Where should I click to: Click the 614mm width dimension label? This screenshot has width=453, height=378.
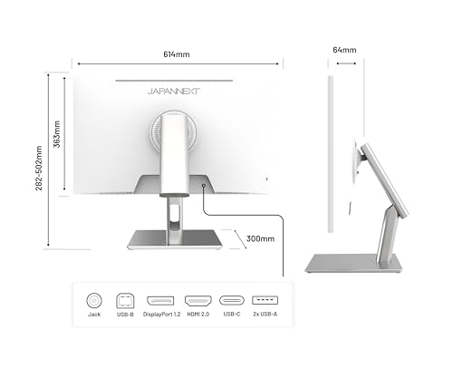[177, 54]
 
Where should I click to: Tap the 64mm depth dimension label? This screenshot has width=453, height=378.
[344, 50]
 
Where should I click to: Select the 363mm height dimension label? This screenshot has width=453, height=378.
[57, 134]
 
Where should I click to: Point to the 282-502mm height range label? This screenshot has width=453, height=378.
[39, 168]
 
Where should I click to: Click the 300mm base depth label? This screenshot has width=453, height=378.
[260, 238]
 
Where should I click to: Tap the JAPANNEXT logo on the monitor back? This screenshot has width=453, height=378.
[174, 92]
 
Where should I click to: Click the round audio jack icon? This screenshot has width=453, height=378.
[94, 301]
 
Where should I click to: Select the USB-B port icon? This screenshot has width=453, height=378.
[125, 300]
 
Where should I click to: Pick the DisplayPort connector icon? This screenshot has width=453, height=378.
[160, 301]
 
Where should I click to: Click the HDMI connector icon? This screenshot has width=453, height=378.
[198, 301]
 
